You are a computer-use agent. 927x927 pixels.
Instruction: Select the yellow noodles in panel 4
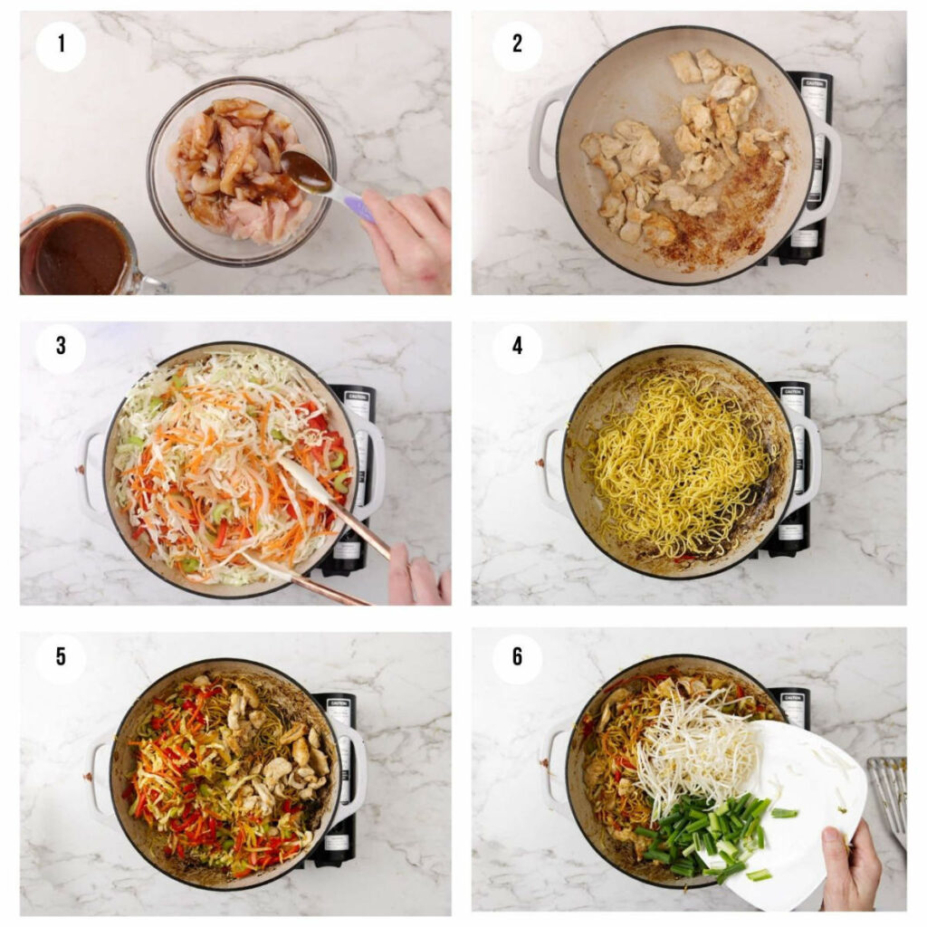(679, 462)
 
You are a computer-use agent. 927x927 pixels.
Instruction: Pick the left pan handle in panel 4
(552, 462)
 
